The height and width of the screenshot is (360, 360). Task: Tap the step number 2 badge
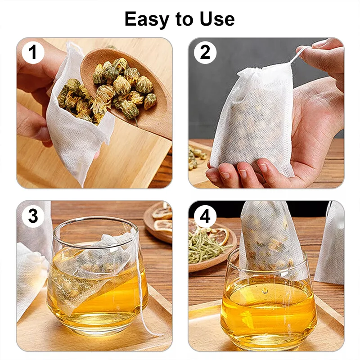(x=205, y=53)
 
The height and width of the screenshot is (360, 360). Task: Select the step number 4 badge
(x=205, y=216)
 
